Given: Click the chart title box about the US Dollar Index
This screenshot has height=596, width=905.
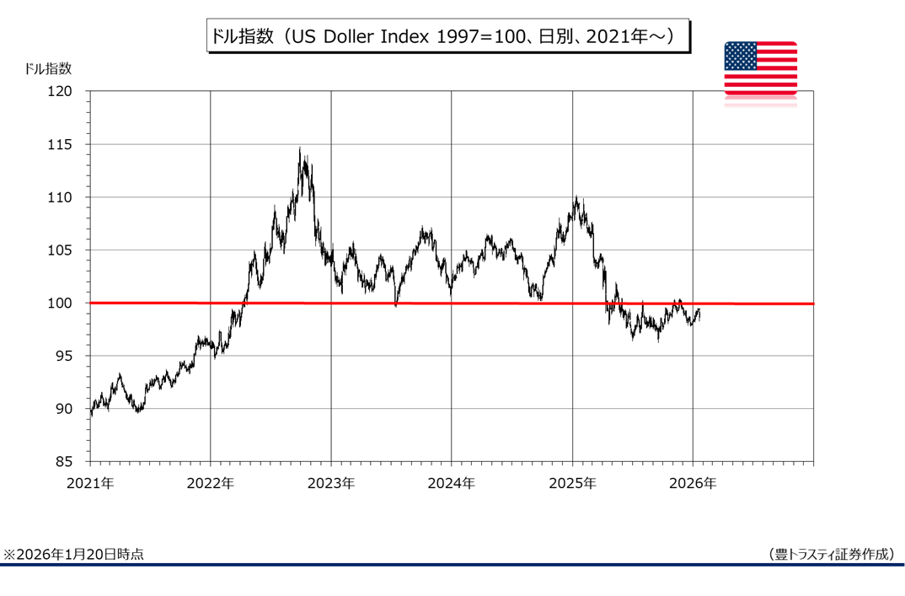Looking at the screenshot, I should tap(448, 38).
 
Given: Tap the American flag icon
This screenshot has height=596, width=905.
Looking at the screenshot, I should tap(760, 68).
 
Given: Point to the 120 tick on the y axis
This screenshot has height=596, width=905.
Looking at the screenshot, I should tap(71, 91).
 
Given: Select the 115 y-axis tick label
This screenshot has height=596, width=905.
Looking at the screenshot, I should tap(71, 144).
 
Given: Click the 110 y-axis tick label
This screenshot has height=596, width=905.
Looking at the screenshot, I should tap(71, 197).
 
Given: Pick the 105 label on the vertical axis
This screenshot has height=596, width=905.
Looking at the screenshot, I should tap(71, 250).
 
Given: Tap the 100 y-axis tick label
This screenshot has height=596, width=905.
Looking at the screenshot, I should tap(71, 303).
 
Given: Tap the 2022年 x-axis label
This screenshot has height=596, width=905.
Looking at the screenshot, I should tap(210, 484).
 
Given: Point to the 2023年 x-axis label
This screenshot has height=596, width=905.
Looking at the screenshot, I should tap(331, 484).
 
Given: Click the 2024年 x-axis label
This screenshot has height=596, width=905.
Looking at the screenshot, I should tap(452, 484).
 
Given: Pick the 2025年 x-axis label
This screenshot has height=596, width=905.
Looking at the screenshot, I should tap(572, 484).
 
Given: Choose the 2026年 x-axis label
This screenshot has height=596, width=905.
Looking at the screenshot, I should tap(693, 484).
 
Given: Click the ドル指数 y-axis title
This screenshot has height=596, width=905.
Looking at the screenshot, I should tap(49, 69).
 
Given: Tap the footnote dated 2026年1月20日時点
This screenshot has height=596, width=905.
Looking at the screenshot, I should tap(73, 554).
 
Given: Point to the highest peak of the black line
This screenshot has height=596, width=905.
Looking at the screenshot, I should tap(299, 148).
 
